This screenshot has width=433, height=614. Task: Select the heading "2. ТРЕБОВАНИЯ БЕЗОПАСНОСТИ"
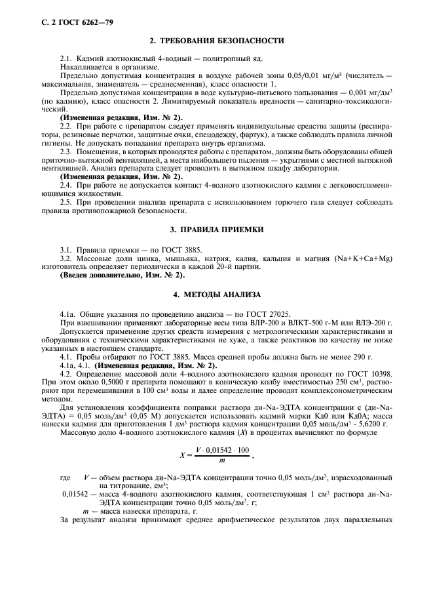(x=217, y=41)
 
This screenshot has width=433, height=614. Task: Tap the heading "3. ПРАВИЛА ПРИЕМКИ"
(x=217, y=230)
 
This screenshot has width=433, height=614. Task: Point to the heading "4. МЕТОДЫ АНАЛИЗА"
(x=217, y=295)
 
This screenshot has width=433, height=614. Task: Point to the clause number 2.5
(x=66, y=203)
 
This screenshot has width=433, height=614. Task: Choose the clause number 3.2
(x=66, y=258)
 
